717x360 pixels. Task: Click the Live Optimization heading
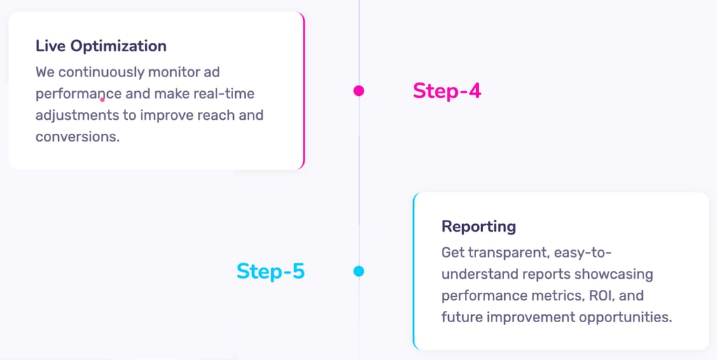(101, 46)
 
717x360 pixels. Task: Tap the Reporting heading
(478, 226)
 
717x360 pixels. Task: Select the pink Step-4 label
(447, 90)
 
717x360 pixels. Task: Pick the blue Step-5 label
(270, 271)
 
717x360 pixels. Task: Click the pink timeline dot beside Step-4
(358, 90)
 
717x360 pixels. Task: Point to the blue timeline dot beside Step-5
(358, 271)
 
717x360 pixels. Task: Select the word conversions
(77, 137)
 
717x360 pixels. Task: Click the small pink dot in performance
(102, 99)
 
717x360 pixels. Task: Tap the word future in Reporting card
(463, 317)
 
